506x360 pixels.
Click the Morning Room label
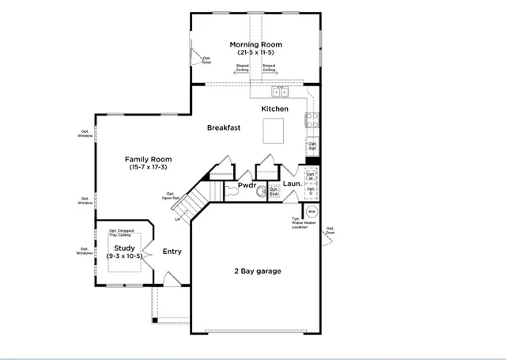point(255,44)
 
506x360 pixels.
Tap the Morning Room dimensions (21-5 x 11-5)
point(255,52)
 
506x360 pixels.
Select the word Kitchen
point(275,108)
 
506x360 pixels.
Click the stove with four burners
point(312,121)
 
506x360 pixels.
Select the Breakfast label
point(224,127)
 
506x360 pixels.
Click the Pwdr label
point(247,187)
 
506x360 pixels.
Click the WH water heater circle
point(312,212)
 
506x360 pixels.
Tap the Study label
point(124,248)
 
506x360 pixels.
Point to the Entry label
point(172,252)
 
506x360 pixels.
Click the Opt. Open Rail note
point(172,196)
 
